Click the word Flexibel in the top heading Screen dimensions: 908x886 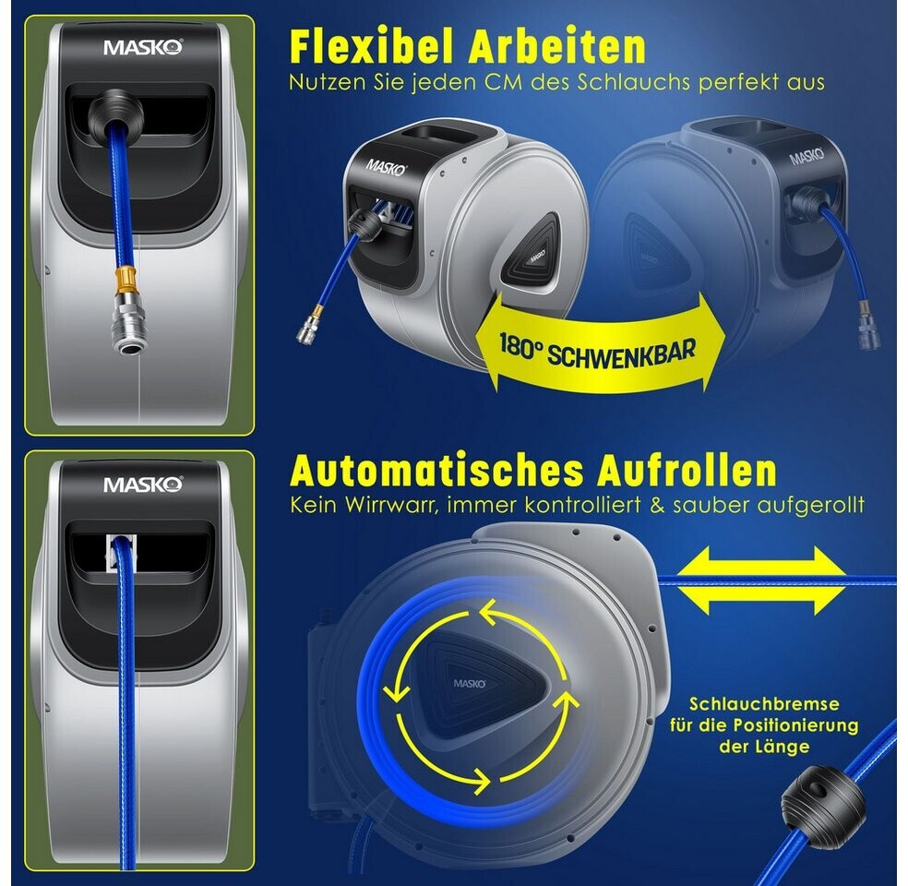pyautogui.click(x=374, y=46)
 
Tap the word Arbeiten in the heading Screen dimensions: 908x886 pyautogui.click(x=557, y=46)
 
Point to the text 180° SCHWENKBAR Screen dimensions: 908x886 pyautogui.click(x=597, y=349)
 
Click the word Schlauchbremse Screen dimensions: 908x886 pyautogui.click(x=764, y=703)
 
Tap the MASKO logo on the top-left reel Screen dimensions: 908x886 pyautogui.click(x=143, y=47)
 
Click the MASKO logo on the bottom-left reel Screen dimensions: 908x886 pyautogui.click(x=143, y=485)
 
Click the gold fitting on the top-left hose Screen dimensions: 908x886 pyautogui.click(x=126, y=278)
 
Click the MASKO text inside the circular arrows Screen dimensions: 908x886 pyautogui.click(x=470, y=684)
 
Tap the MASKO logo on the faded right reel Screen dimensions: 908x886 pyautogui.click(x=807, y=156)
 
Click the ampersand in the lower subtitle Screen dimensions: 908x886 pyautogui.click(x=657, y=505)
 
